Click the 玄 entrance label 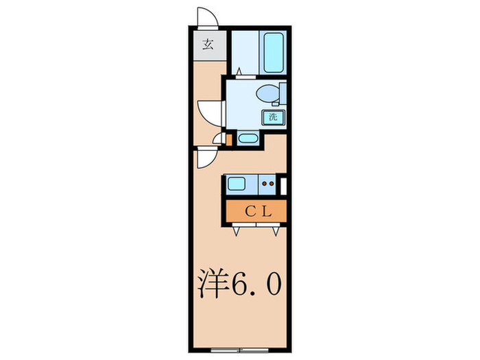(x=207, y=47)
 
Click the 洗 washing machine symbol (x=272, y=116)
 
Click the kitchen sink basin (x=237, y=183)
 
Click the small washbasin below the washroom (x=247, y=140)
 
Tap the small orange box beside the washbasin (x=229, y=139)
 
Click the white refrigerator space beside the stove (x=283, y=184)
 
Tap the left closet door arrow (x=237, y=231)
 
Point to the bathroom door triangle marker (x=239, y=71)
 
